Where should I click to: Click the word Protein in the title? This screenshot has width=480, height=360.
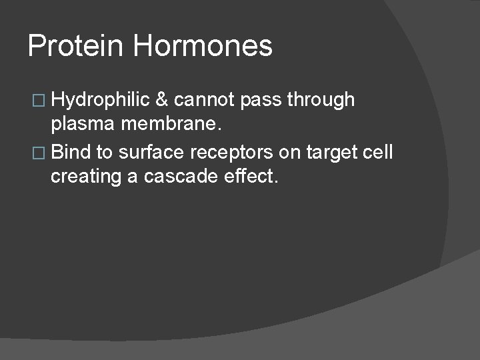(75, 46)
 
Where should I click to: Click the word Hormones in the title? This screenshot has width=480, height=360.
(203, 46)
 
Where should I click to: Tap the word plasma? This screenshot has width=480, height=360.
(80, 127)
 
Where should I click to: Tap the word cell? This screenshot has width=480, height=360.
(378, 152)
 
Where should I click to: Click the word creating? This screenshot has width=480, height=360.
(84, 178)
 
